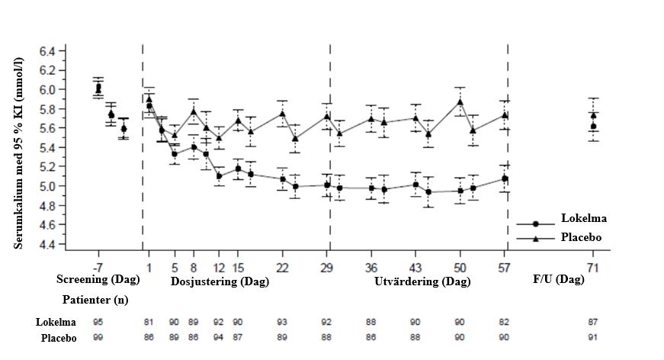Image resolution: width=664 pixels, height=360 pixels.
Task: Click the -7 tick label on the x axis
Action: pyautogui.click(x=98, y=267)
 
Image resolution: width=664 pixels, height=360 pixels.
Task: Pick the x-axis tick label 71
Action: pyautogui.click(x=593, y=267)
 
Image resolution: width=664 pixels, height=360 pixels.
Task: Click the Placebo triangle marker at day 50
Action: pyautogui.click(x=460, y=101)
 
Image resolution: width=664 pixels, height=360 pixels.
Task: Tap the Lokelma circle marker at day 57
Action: pyautogui.click(x=505, y=179)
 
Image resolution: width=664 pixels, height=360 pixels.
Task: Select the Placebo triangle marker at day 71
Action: pyautogui.click(x=593, y=115)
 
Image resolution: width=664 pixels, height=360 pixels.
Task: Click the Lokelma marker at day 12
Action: pyautogui.click(x=219, y=176)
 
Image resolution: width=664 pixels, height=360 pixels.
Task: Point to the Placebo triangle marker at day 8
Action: pyautogui.click(x=194, y=111)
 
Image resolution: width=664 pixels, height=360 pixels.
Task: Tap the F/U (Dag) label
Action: pyautogui.click(x=559, y=281)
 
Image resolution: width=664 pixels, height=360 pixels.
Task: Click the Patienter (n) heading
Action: pyautogui.click(x=95, y=300)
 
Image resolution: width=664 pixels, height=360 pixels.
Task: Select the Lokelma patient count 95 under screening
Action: pyautogui.click(x=98, y=323)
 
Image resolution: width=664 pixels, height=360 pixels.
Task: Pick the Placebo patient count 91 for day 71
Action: pyautogui.click(x=593, y=338)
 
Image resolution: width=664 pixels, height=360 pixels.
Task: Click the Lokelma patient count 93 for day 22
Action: pyautogui.click(x=282, y=323)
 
